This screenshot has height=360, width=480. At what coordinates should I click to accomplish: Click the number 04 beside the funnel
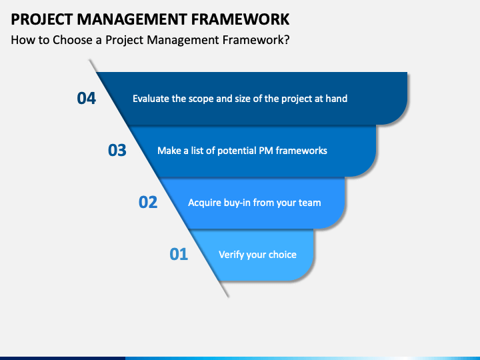(86, 98)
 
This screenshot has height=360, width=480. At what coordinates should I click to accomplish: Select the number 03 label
(117, 150)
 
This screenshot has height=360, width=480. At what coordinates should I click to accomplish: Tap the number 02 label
(148, 203)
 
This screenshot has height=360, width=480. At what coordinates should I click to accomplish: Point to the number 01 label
(179, 255)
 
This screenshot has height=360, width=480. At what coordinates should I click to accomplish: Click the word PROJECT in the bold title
(42, 19)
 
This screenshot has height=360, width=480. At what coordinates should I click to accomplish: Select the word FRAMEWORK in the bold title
(240, 19)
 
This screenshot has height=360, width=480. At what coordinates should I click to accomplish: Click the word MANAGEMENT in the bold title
(132, 19)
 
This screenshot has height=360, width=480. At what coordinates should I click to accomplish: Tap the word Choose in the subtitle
(73, 40)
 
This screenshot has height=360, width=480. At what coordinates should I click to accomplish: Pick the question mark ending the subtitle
(287, 40)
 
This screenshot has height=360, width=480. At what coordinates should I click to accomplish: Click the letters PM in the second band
(266, 151)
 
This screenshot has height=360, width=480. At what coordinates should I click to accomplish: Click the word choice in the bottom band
(282, 255)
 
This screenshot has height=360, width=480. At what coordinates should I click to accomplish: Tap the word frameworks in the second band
(301, 151)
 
